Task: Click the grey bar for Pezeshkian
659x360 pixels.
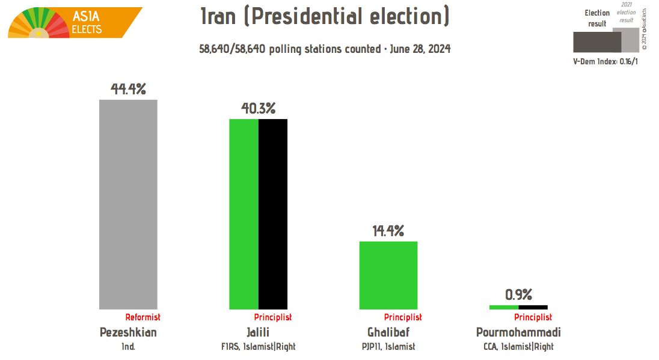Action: click(128, 204)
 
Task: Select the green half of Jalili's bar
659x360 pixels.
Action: click(244, 213)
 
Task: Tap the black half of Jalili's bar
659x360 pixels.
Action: click(273, 213)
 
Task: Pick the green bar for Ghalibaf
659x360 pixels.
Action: click(388, 275)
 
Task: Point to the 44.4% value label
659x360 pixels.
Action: click(129, 89)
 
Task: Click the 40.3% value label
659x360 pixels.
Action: click(259, 109)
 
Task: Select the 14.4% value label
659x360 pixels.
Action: click(388, 231)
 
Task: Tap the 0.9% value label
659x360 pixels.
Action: click(518, 294)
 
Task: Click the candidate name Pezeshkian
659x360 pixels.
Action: click(127, 332)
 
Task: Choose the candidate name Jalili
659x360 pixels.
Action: click(259, 332)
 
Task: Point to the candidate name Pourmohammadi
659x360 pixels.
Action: click(518, 332)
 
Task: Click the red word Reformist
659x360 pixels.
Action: click(143, 317)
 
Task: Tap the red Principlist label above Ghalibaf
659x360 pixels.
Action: click(403, 317)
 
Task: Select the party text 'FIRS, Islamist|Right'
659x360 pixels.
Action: click(259, 347)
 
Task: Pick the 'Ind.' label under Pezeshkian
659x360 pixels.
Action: click(128, 347)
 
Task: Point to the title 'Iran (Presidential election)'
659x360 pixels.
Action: click(325, 17)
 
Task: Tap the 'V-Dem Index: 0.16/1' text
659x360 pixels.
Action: click(604, 62)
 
